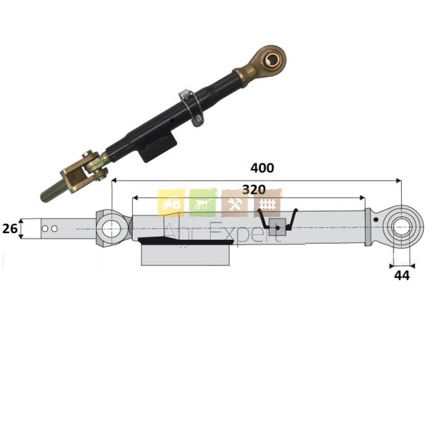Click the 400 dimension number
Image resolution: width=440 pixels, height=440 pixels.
tap(262, 168)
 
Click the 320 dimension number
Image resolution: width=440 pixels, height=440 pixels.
tap(254, 190)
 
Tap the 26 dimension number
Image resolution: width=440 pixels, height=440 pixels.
tap(10, 229)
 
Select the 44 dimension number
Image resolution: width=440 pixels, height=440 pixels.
tap(402, 276)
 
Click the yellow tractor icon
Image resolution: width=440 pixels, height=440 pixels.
tap(171, 203)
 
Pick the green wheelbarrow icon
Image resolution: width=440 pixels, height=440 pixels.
tap(202, 203)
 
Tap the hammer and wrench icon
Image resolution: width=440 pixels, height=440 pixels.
tap(234, 204)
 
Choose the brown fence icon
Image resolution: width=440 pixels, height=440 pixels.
tap(267, 203)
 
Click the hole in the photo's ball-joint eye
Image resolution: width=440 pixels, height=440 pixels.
tap(271, 59)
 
